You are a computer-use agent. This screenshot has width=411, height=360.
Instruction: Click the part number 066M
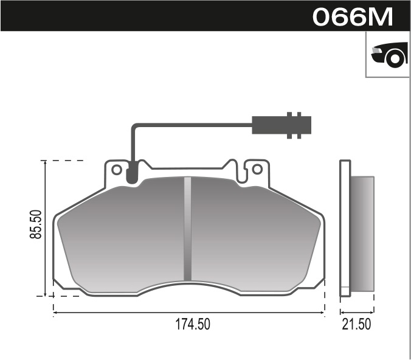353,16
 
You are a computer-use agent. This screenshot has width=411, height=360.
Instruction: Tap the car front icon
389,55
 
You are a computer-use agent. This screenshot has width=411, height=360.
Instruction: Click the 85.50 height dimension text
36,224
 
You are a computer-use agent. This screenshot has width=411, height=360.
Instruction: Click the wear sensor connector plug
283,125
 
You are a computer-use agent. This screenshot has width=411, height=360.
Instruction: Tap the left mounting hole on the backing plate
116,169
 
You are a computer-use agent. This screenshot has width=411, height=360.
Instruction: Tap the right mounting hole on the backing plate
257,168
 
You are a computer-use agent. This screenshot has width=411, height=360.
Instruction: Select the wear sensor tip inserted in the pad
131,176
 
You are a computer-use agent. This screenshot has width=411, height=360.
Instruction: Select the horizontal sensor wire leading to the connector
195,125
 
